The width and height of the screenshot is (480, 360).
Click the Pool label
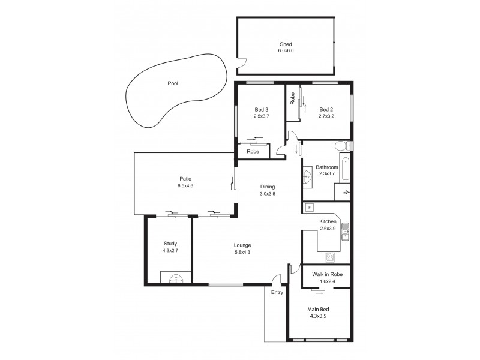coord(173,83)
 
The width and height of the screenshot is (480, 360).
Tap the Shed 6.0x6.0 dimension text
coord(286,52)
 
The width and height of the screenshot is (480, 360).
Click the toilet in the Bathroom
coord(341,146)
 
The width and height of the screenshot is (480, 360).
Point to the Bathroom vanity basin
coord(307,176)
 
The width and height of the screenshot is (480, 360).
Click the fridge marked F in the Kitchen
coord(310,208)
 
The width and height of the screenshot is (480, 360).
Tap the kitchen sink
coord(346,231)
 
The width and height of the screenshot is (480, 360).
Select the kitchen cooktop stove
coord(329,257)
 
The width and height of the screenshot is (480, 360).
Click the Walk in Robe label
coord(328,274)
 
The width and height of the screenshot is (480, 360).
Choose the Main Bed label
coord(318,309)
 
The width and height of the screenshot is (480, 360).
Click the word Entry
coord(277,292)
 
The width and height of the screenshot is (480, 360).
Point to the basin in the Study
coord(175,277)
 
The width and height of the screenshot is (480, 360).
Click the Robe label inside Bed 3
coord(253,152)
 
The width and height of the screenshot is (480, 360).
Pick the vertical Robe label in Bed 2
coord(292,98)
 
